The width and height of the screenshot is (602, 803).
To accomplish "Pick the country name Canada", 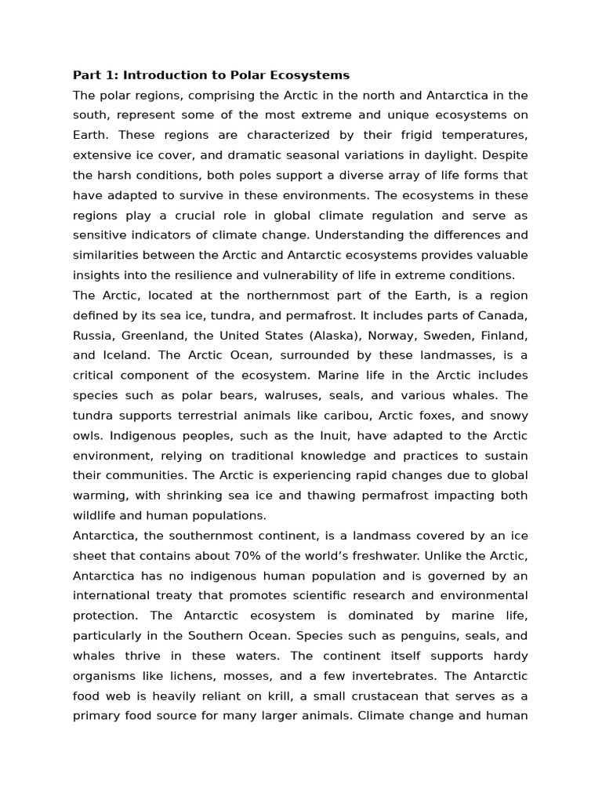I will (x=499, y=315).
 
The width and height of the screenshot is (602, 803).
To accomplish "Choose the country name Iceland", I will (x=123, y=355).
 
